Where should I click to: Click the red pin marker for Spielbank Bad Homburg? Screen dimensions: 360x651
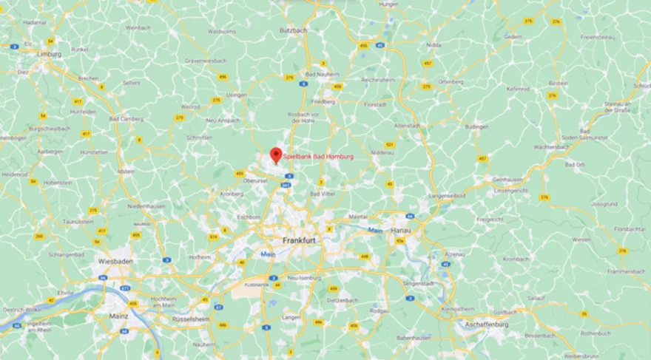(x=276, y=155)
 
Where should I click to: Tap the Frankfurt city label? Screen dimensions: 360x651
(x=300, y=241)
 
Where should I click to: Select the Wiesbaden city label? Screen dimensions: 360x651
(x=115, y=262)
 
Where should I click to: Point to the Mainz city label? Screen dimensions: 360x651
(x=118, y=316)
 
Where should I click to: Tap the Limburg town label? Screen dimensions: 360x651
(x=50, y=55)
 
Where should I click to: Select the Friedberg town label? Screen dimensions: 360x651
(x=323, y=101)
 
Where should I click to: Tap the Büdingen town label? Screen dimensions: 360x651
(x=477, y=126)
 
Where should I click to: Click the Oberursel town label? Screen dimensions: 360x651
(x=255, y=180)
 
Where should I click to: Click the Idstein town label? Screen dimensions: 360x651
(x=127, y=171)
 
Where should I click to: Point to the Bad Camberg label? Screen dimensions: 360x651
(x=124, y=118)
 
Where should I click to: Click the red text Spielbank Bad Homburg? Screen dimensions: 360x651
(x=318, y=157)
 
